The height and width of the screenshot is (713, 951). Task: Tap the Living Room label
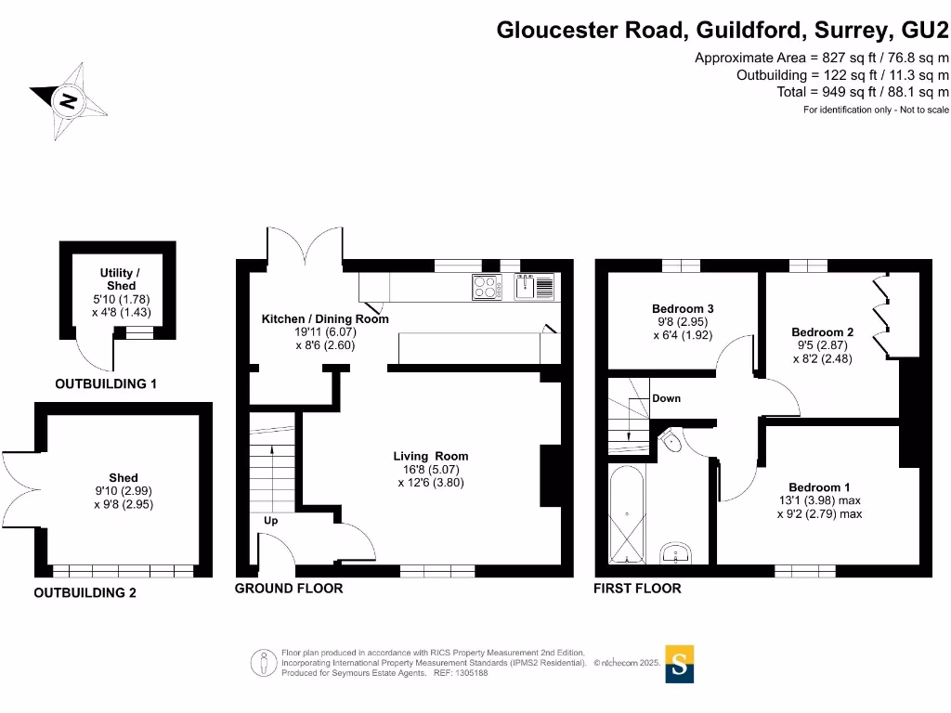(x=430, y=456)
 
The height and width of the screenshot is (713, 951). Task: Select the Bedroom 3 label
(x=682, y=309)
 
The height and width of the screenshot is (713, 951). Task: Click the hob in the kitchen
(x=486, y=287)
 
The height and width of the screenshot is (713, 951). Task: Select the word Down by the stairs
(x=666, y=398)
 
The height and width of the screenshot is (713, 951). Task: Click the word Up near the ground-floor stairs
(x=270, y=521)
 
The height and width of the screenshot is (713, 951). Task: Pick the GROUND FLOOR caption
(x=288, y=589)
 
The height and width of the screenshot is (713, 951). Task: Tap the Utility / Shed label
(x=121, y=279)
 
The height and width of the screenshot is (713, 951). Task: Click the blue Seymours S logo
(x=680, y=664)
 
